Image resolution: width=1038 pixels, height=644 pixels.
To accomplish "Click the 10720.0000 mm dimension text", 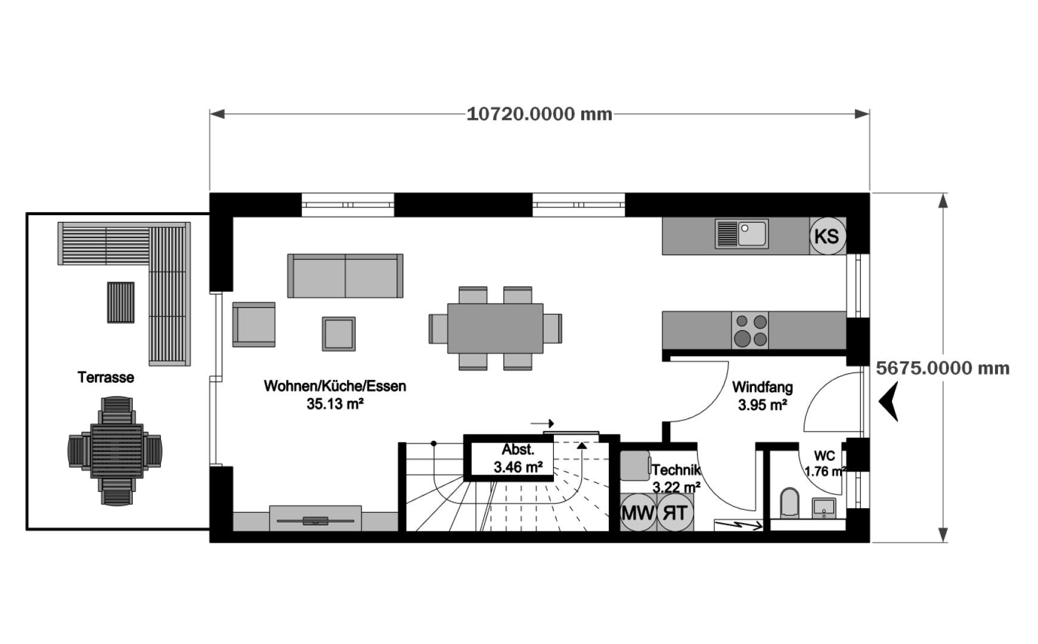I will (x=539, y=114).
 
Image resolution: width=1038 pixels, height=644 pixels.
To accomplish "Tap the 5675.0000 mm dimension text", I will (x=943, y=368).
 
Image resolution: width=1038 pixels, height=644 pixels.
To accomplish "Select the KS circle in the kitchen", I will (x=826, y=236).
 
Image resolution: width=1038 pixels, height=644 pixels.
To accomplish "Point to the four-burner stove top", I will (x=749, y=330).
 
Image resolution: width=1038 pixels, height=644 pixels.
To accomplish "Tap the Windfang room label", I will (x=762, y=388).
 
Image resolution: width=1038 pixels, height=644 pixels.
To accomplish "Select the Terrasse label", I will (x=106, y=377).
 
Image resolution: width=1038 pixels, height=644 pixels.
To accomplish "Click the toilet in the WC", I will (x=789, y=503).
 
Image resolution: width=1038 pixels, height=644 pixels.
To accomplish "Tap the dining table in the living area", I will (x=495, y=328).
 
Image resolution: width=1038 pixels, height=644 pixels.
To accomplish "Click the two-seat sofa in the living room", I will (x=345, y=275).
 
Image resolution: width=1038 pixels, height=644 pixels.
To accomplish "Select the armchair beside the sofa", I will (x=254, y=324).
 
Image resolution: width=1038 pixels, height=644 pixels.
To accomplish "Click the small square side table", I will (x=339, y=333).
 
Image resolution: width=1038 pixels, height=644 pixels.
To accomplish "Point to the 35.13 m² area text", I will (x=335, y=404).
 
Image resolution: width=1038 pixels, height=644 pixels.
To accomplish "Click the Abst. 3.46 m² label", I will (x=518, y=459).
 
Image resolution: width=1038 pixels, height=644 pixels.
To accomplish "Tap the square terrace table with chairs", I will (x=116, y=451).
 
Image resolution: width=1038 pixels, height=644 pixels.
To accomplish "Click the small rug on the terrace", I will (x=120, y=302).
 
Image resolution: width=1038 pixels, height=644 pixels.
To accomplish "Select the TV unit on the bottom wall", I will (x=315, y=519).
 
